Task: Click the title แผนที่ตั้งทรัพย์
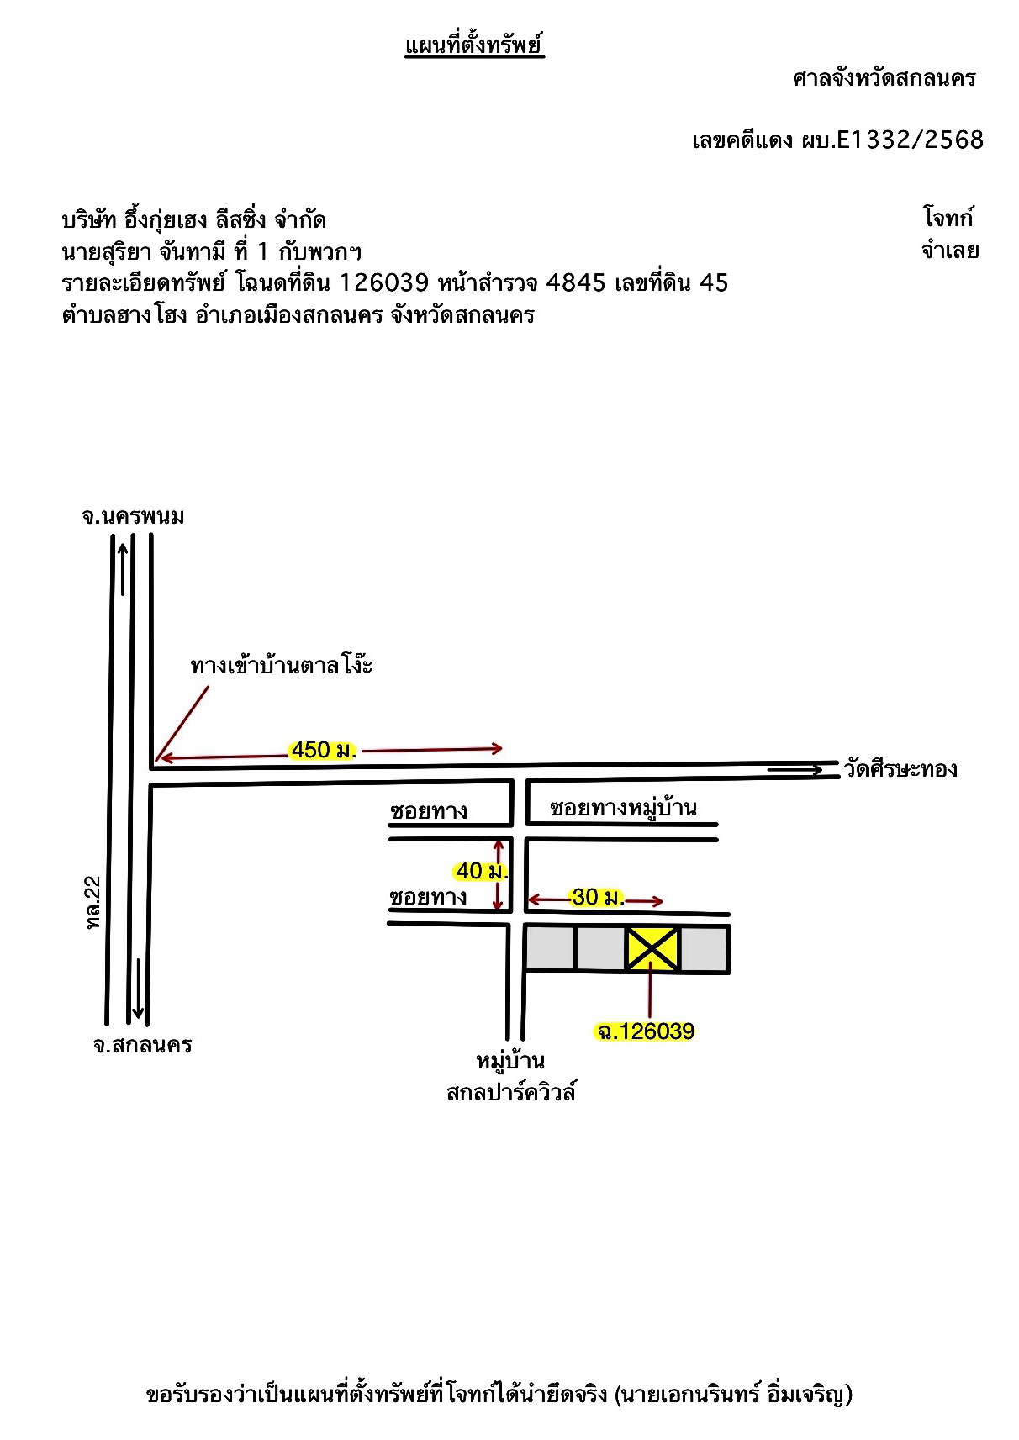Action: (474, 45)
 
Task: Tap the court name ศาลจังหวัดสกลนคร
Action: (884, 79)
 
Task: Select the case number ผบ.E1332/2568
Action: (892, 140)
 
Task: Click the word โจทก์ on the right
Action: (948, 217)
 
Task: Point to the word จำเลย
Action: (949, 250)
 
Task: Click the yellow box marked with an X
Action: (652, 948)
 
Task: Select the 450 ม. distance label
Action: (323, 750)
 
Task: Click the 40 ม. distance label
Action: (481, 871)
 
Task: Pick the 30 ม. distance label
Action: (597, 897)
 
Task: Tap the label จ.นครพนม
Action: (133, 516)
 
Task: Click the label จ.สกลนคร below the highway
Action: (143, 1045)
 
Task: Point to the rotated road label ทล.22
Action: (94, 903)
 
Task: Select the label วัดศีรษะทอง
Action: (900, 769)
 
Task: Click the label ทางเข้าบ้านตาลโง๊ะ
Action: (282, 664)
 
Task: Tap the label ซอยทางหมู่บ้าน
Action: (623, 808)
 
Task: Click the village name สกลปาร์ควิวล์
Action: (511, 1092)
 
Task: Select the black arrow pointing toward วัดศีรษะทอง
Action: (795, 769)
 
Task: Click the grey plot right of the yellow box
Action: (704, 949)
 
